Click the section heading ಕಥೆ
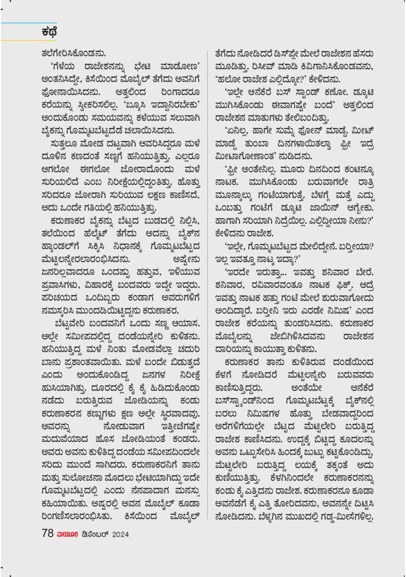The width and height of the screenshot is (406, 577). pos(50,32)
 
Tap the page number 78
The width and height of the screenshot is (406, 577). pos(47,533)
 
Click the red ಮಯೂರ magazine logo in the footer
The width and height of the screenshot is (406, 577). pos(67,534)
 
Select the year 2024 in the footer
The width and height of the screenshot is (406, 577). pos(120,534)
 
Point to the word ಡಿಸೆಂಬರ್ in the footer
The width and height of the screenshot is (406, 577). pos(95,534)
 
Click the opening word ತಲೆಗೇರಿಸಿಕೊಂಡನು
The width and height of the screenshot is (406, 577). pos(74,53)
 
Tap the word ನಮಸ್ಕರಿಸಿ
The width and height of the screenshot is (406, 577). pos(57,311)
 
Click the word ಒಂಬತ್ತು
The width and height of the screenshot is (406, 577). pos(229,208)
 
